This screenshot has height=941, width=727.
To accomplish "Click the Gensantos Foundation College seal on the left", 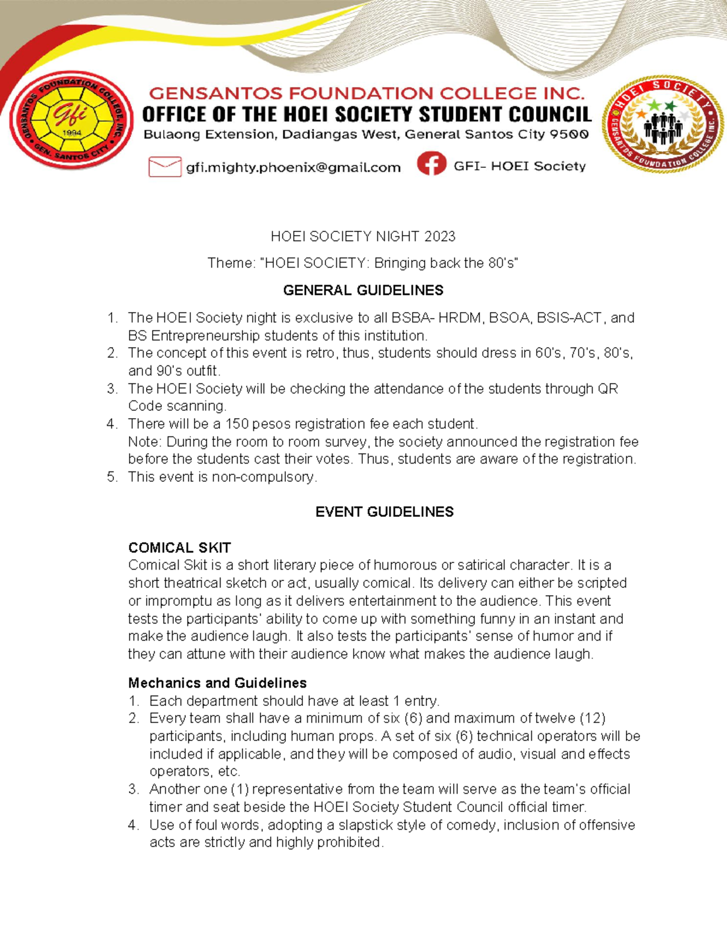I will click(71, 120).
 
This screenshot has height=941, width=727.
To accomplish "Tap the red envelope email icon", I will click(165, 167).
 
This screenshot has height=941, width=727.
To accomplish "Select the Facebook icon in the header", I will click(431, 164).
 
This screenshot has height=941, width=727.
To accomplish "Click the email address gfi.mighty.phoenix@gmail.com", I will click(293, 168).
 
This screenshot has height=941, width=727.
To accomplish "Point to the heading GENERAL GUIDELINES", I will click(363, 290).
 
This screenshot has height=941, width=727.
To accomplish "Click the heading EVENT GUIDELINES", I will click(384, 512).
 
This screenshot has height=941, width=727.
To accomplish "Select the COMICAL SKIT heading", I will click(179, 548).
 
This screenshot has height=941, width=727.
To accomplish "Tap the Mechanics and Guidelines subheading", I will click(217, 683).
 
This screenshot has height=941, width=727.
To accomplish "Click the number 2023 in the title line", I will click(440, 236).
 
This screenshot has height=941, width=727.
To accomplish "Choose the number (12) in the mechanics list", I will click(593, 718).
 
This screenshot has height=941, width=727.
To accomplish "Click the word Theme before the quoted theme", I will click(230, 263).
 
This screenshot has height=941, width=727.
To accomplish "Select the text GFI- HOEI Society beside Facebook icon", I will click(519, 166).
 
